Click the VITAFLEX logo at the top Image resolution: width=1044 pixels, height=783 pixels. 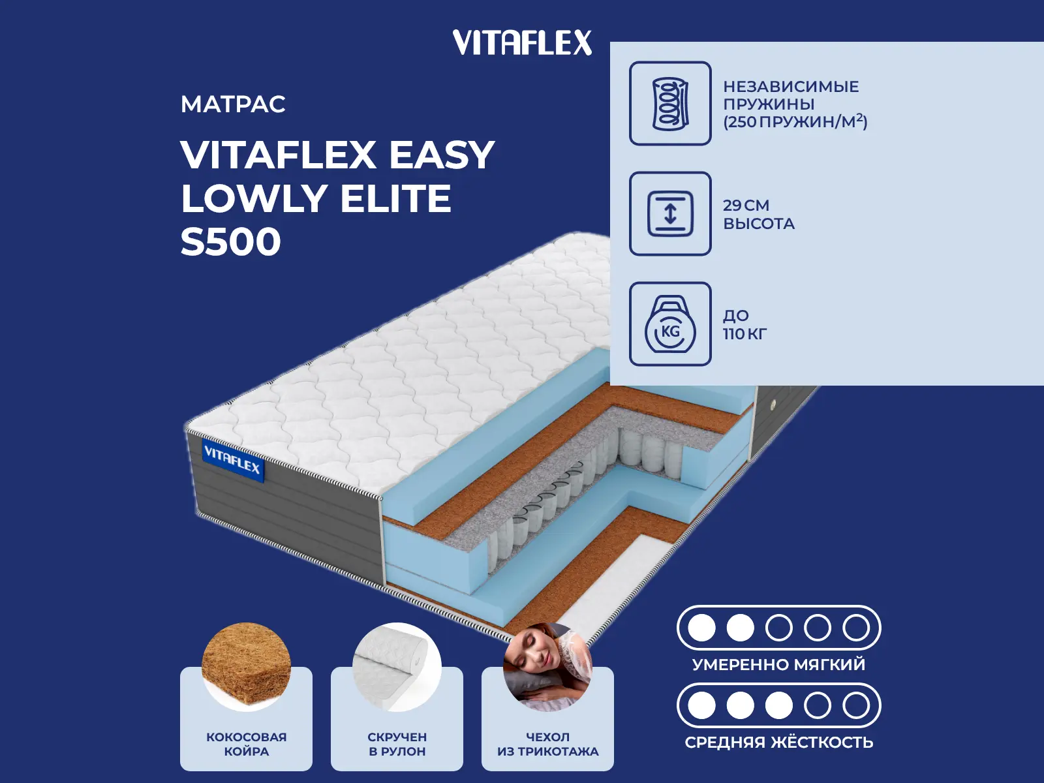click(522, 42)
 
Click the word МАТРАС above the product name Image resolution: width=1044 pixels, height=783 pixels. click(233, 104)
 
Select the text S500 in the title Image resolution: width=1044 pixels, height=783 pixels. click(231, 242)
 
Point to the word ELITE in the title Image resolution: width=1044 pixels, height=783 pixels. click(395, 198)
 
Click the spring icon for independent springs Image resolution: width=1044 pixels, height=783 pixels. click(670, 103)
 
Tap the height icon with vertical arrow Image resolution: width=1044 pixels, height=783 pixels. click(670, 213)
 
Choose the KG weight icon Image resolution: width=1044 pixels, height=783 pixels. click(670, 324)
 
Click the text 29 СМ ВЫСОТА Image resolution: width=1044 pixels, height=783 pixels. click(759, 214)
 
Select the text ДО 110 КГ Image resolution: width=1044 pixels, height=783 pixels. click(745, 324)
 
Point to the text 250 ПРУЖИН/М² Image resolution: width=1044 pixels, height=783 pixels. click(795, 122)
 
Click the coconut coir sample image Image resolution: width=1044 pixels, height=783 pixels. click(246, 666)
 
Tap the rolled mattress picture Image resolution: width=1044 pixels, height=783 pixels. click(397, 666)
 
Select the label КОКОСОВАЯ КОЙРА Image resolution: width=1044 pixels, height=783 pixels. click(247, 744)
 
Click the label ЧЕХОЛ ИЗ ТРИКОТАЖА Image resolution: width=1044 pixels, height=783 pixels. click(548, 744)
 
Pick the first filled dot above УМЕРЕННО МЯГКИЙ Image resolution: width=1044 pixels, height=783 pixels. click(701, 628)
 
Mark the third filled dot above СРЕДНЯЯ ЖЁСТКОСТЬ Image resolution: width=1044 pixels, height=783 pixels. click(778, 705)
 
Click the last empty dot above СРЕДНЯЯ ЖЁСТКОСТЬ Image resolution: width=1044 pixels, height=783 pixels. click(856, 705)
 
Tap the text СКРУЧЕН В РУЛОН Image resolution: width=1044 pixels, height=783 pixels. click(397, 744)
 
